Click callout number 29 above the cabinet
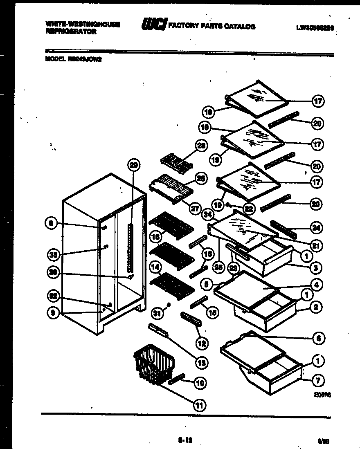(134, 165)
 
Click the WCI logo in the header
(153, 25)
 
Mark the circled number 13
(202, 362)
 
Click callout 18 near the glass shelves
(206, 128)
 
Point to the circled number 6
(318, 338)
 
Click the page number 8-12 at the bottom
(185, 440)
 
